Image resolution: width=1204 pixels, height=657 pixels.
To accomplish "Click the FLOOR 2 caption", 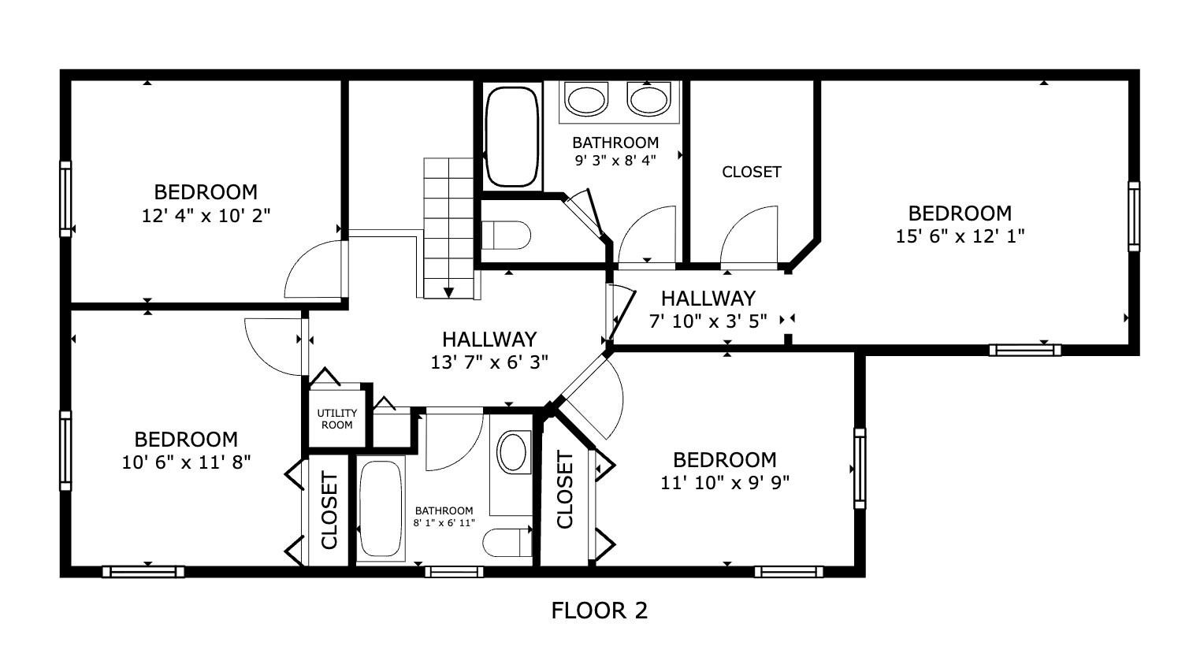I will coord(599,611).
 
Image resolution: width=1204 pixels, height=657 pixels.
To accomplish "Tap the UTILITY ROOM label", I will coord(336,419).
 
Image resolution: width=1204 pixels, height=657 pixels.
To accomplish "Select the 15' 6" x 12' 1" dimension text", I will coord(960,236).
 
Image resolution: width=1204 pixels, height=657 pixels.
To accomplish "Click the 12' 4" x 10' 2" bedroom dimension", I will coord(206,215).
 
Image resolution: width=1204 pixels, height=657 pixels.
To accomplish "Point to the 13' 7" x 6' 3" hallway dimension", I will coord(489,362).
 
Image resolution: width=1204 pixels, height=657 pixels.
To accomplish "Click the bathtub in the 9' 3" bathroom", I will coord(511,136).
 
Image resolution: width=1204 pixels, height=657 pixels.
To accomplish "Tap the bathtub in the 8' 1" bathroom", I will coord(381,508).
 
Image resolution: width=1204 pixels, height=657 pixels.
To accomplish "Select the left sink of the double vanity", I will coord(587,100).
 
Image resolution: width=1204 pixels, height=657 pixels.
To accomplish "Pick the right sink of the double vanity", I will coord(648,99).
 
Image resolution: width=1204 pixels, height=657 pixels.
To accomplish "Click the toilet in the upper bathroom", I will coord(506,235).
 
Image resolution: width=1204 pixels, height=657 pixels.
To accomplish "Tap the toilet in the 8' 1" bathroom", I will coord(507,543).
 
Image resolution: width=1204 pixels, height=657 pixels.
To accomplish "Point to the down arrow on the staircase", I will coord(448,292).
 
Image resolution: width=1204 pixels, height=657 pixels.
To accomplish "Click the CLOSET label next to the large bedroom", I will coord(751,172).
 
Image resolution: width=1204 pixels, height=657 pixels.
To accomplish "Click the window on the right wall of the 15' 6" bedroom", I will coord(1133,217).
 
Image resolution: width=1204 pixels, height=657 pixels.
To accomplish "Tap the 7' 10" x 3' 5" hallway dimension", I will coord(707,321).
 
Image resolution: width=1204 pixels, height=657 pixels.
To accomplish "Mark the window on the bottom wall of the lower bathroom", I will coord(454,571).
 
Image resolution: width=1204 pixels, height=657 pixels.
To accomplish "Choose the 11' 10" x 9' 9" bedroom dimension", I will coord(724,482).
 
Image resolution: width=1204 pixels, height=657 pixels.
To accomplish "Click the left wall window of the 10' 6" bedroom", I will coord(65,451).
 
